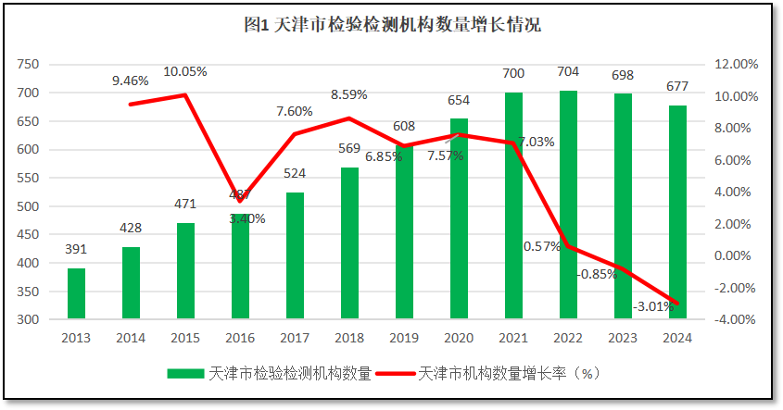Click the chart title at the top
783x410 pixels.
click(x=392, y=26)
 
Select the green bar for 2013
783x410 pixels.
click(x=76, y=293)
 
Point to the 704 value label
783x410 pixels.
click(x=568, y=72)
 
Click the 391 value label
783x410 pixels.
click(x=76, y=249)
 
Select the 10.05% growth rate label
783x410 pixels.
click(x=185, y=71)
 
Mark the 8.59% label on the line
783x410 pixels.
click(x=349, y=94)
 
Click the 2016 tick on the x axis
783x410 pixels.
click(x=240, y=338)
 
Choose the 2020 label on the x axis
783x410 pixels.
click(x=459, y=338)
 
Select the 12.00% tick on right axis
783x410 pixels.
click(x=737, y=64)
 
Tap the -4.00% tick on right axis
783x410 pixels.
click(x=737, y=319)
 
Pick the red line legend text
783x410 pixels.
click(x=511, y=374)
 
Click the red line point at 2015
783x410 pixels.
click(x=185, y=94)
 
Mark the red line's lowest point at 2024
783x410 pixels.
click(x=677, y=304)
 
